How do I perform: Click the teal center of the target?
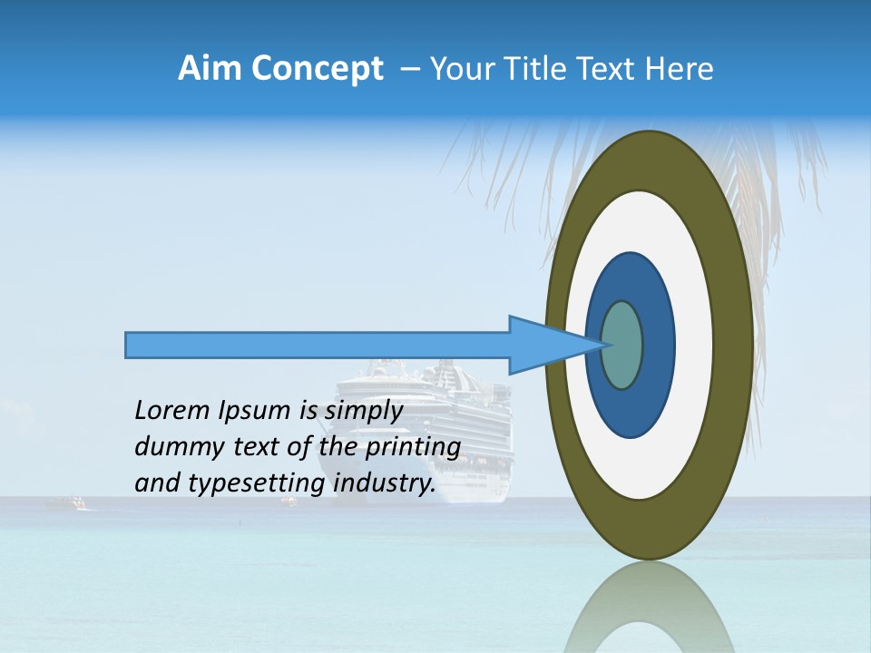point(622,345)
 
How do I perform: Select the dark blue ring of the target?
point(657,345)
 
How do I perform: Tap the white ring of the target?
point(693,345)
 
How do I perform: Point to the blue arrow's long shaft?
point(318,345)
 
